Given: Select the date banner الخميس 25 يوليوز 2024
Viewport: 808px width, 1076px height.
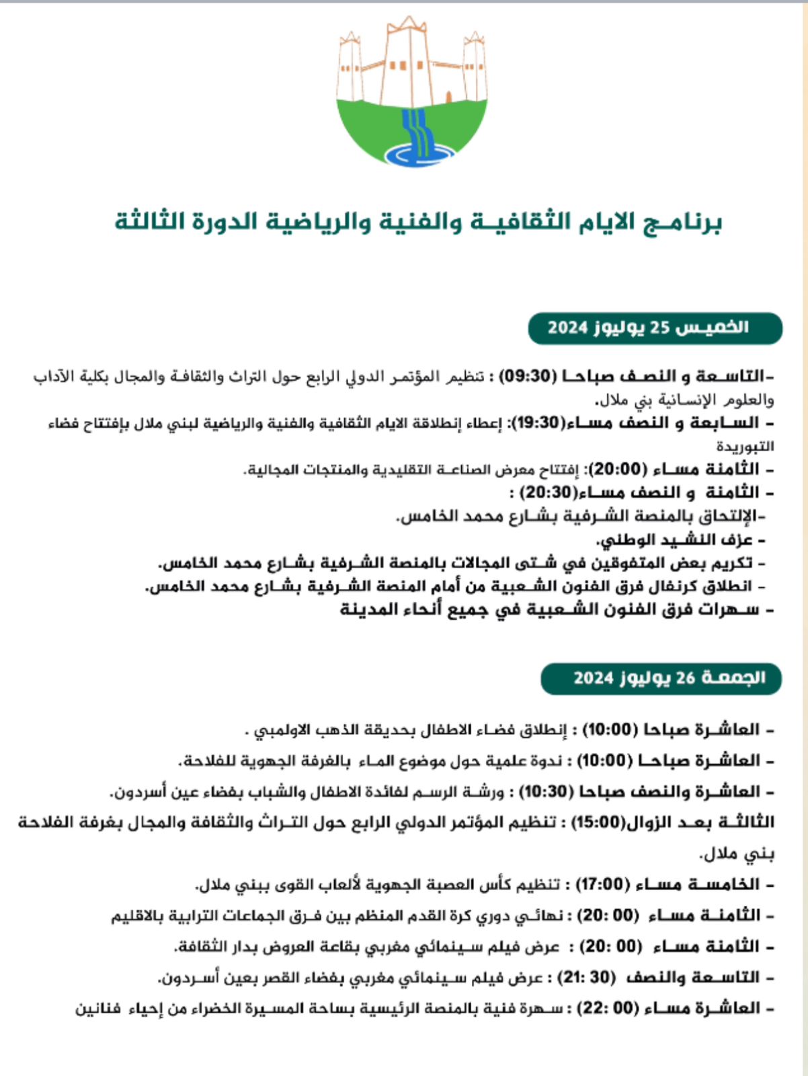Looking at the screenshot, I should coord(655,328).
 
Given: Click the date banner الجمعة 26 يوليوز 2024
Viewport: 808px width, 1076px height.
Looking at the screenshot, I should coord(661,678).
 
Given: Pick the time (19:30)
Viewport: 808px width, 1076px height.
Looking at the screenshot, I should coord(537,423).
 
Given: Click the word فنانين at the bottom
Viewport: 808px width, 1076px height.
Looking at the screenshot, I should coord(97,1009).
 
